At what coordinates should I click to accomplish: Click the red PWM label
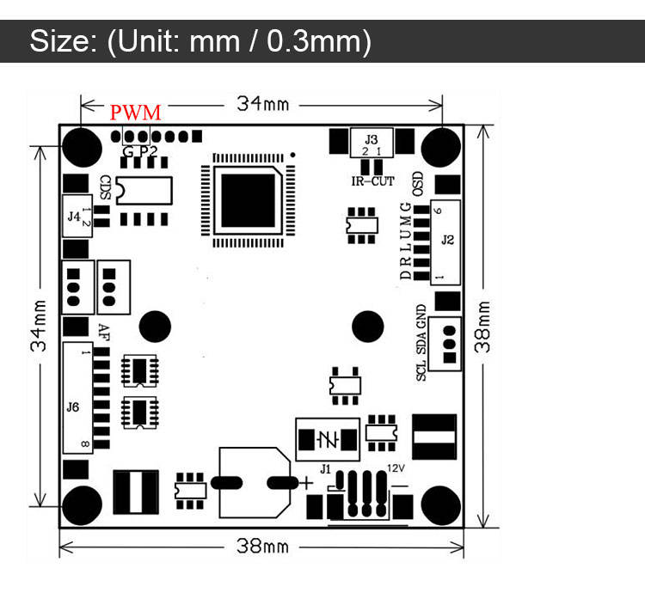(x=135, y=112)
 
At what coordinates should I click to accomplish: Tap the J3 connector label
(x=371, y=138)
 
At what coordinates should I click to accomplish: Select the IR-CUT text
(x=372, y=180)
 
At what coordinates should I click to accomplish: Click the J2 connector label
(x=447, y=241)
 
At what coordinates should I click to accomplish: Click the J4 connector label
(x=74, y=217)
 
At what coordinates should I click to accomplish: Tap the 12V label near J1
(x=396, y=468)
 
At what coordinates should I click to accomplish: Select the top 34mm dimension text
(x=263, y=104)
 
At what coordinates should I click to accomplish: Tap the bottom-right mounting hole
(x=442, y=504)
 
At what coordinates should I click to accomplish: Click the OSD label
(x=419, y=182)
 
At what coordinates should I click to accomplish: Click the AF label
(x=103, y=331)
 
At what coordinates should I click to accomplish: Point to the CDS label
(x=105, y=186)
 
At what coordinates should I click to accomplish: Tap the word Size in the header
(x=60, y=40)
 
